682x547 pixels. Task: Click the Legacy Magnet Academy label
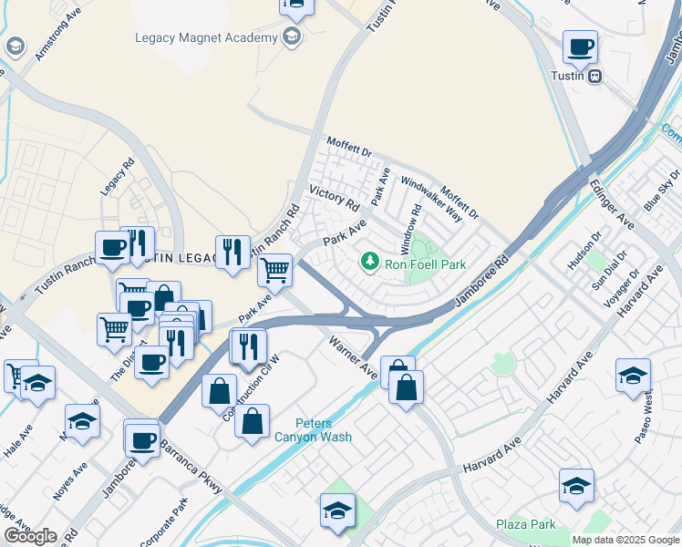click(x=205, y=37)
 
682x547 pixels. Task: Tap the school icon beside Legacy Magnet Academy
click(x=292, y=37)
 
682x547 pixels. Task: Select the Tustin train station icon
click(x=594, y=77)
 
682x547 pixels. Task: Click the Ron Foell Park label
click(x=425, y=264)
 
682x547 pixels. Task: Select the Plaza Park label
click(x=526, y=524)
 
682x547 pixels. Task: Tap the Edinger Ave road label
click(x=611, y=205)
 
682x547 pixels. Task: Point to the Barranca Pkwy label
click(x=191, y=468)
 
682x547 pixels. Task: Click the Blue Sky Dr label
click(x=662, y=190)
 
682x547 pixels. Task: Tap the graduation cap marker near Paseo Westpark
click(x=633, y=375)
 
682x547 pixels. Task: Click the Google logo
click(x=30, y=536)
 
